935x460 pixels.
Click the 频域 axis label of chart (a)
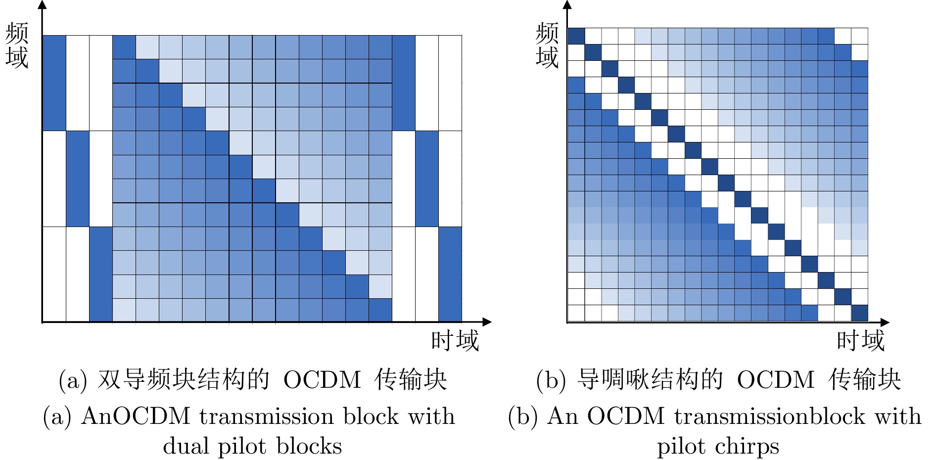17,46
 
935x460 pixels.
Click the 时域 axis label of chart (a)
455,341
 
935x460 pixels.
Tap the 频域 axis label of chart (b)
547,46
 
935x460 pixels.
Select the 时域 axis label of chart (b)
860,341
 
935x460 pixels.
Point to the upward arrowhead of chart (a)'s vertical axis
43,5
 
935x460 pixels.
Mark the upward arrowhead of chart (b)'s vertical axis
567,5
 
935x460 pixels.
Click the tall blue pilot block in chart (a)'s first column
54,83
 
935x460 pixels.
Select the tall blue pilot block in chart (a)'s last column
450,274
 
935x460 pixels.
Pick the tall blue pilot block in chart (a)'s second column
78,179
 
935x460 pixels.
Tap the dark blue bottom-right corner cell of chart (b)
860,313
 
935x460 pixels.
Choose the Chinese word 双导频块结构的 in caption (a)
184,380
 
